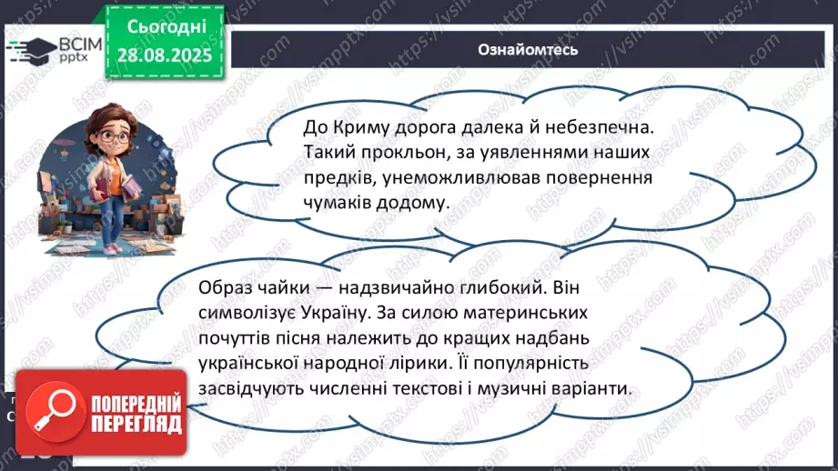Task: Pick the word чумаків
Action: click(x=337, y=204)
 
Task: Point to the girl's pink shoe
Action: click(x=111, y=246)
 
